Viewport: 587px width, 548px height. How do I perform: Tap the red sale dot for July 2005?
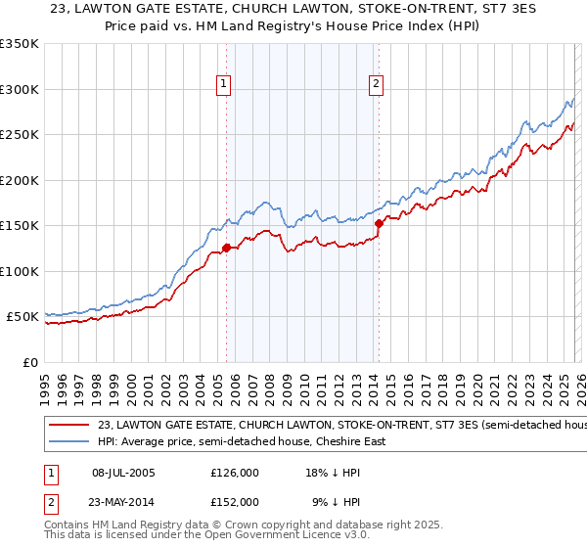226,248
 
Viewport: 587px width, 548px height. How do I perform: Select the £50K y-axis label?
23,317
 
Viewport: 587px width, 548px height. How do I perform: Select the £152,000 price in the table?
235,501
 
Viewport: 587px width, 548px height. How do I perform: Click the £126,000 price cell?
235,473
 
